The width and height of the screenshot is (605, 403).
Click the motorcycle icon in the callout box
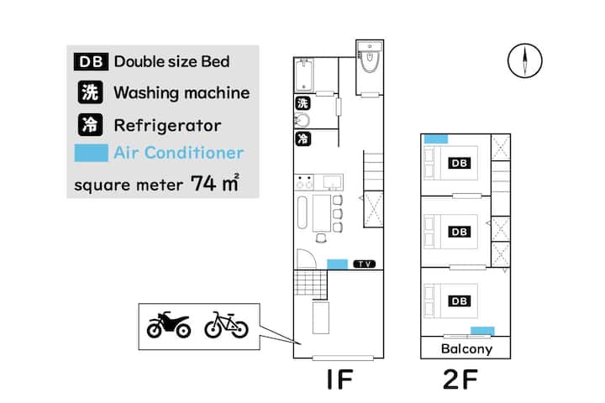(x=169, y=325)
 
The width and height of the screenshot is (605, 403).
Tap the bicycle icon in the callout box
(x=226, y=325)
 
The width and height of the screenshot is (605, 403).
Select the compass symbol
(x=524, y=61)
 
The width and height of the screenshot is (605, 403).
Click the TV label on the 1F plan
(x=364, y=264)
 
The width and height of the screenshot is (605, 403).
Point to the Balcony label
(x=466, y=348)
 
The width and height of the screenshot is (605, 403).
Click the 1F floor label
(x=339, y=379)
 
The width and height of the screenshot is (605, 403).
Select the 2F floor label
(x=460, y=379)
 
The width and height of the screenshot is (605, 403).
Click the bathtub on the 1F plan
(x=304, y=74)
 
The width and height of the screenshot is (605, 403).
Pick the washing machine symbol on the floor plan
(x=302, y=103)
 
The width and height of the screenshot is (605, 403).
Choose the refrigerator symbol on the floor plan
(x=302, y=139)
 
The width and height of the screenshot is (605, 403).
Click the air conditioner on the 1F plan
(x=337, y=264)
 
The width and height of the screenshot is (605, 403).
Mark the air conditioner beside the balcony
(x=482, y=331)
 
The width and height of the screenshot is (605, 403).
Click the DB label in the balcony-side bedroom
(x=459, y=301)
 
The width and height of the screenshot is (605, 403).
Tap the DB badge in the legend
(x=91, y=61)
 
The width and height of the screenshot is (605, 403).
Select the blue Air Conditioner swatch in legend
(x=91, y=153)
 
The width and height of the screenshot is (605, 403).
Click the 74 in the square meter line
(x=203, y=184)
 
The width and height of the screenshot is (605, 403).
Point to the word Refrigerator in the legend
(x=167, y=125)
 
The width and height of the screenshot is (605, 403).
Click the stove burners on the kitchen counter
(x=304, y=182)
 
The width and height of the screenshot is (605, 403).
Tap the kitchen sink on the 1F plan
(x=332, y=182)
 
